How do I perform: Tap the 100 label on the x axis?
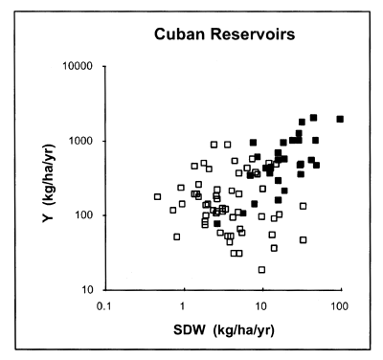(x=338, y=307)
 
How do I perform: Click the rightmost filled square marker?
(x=340, y=120)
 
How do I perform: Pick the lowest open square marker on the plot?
(x=261, y=270)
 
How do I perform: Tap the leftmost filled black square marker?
(x=217, y=223)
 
